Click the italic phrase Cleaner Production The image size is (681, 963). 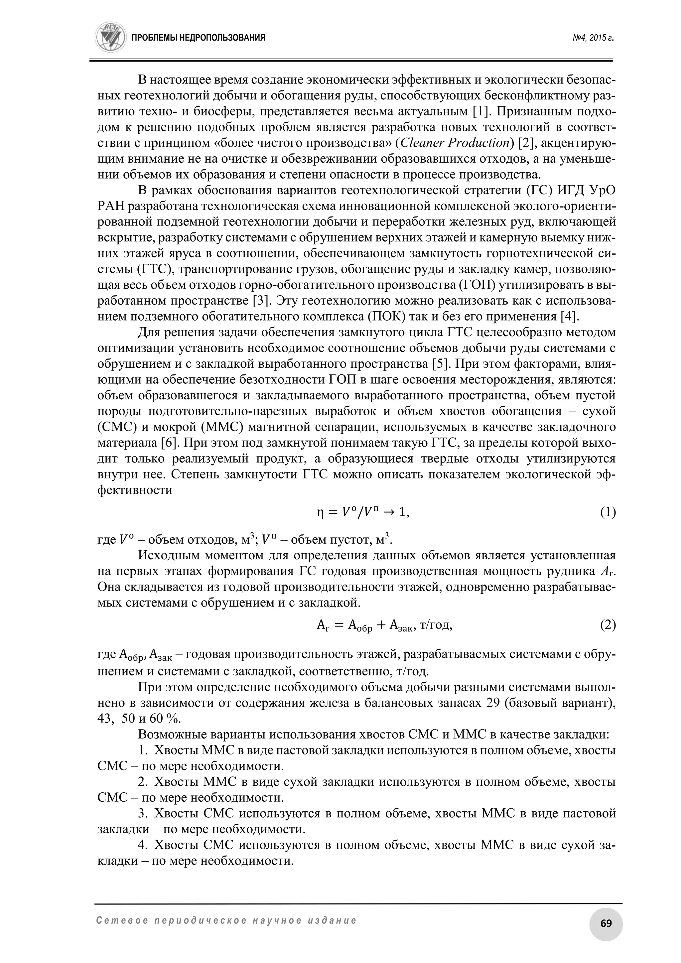455,143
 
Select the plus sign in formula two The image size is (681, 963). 381,625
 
